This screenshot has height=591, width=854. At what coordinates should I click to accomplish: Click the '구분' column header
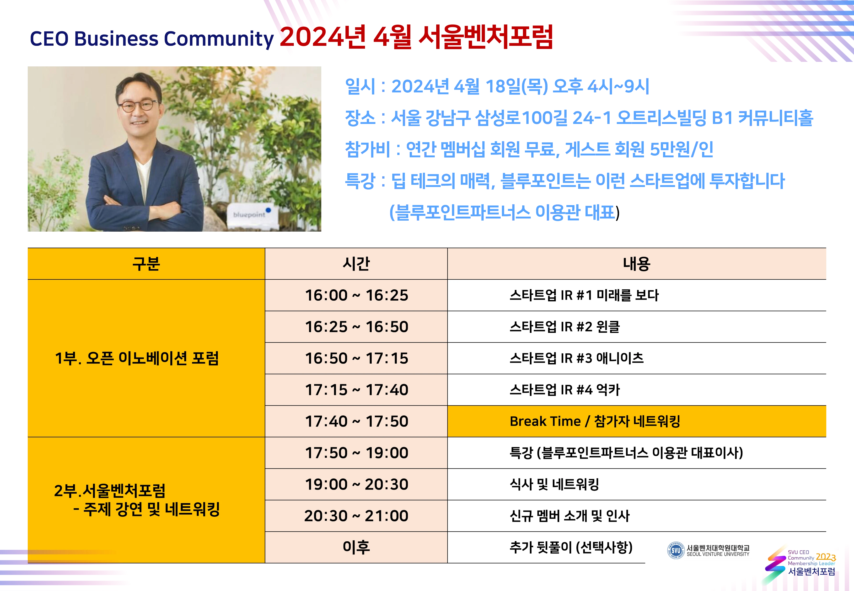[146, 264]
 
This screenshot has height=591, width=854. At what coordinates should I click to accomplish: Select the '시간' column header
[356, 264]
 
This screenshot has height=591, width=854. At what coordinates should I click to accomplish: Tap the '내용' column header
[637, 264]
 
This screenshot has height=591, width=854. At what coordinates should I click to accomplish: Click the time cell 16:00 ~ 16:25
[356, 295]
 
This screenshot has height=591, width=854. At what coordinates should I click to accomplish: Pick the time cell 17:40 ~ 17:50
[356, 421]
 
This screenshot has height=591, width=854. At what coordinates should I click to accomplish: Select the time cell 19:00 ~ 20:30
[356, 484]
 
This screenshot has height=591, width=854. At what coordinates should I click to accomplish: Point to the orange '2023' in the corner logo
[826, 557]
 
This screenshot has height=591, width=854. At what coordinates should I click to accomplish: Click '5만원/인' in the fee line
[682, 149]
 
